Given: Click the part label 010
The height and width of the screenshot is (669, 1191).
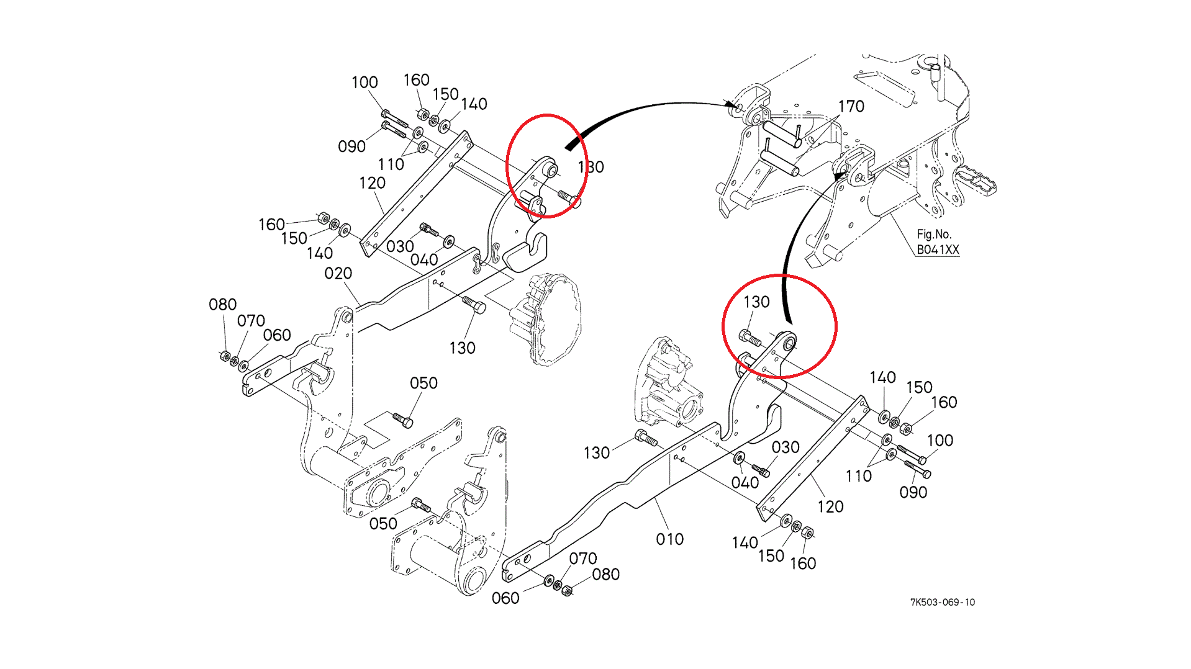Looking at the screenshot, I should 669,539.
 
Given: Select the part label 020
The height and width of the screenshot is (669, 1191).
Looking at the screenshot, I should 338,274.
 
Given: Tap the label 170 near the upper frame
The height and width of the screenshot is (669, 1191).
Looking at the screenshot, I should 851,107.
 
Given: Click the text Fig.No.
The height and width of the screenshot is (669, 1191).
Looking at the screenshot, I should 933,235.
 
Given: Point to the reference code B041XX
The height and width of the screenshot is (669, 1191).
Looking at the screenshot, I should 938,250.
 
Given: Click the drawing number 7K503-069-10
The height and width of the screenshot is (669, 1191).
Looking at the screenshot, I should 942,602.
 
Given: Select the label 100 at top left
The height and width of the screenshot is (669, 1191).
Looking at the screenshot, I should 364,83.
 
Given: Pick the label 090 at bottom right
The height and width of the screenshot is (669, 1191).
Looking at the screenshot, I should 913,493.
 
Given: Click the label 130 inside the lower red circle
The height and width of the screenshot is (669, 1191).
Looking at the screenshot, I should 756,302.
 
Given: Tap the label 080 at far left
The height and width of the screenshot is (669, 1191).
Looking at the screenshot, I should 222,305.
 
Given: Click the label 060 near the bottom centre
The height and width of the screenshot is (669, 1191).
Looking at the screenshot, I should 505,598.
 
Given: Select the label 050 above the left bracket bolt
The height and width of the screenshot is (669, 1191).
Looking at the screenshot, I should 423,384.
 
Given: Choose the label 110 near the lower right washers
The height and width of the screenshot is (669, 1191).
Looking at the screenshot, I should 858,476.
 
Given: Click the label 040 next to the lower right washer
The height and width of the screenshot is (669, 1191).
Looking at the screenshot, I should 745,483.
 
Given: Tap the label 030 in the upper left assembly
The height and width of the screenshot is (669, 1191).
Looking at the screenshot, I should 399,247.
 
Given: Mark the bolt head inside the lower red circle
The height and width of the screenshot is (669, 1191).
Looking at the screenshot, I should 749,339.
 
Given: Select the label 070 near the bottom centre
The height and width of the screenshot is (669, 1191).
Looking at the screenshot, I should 582,559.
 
